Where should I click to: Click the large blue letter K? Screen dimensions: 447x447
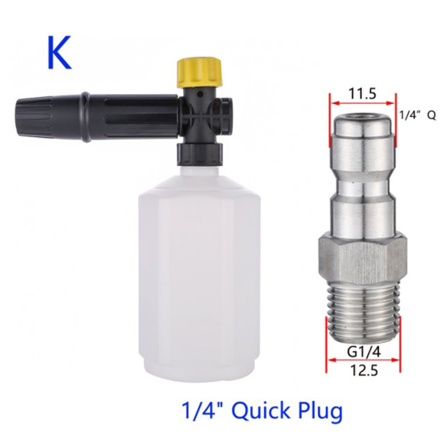click(x=59, y=53)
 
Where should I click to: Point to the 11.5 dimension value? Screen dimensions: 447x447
click(x=362, y=94)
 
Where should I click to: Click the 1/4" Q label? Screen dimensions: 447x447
click(x=417, y=116)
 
